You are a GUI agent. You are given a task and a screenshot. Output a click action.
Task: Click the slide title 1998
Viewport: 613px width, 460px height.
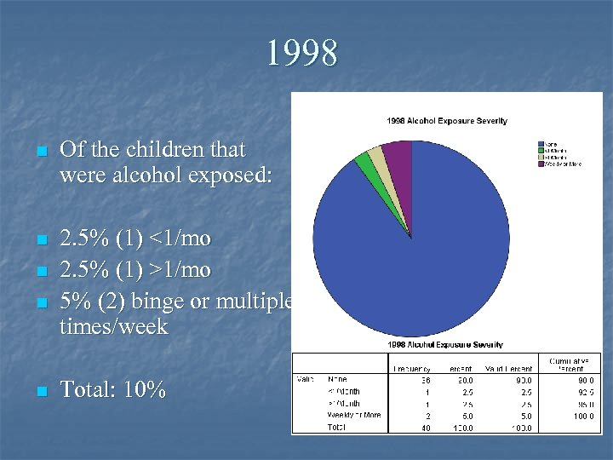301,53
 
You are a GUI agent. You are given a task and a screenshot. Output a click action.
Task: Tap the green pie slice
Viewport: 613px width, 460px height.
364,158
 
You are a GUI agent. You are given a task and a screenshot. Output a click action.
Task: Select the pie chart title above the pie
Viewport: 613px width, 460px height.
446,121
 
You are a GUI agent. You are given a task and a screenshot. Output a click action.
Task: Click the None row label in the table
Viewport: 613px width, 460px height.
338,379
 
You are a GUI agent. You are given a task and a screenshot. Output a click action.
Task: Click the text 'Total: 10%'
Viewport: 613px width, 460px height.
112,391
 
